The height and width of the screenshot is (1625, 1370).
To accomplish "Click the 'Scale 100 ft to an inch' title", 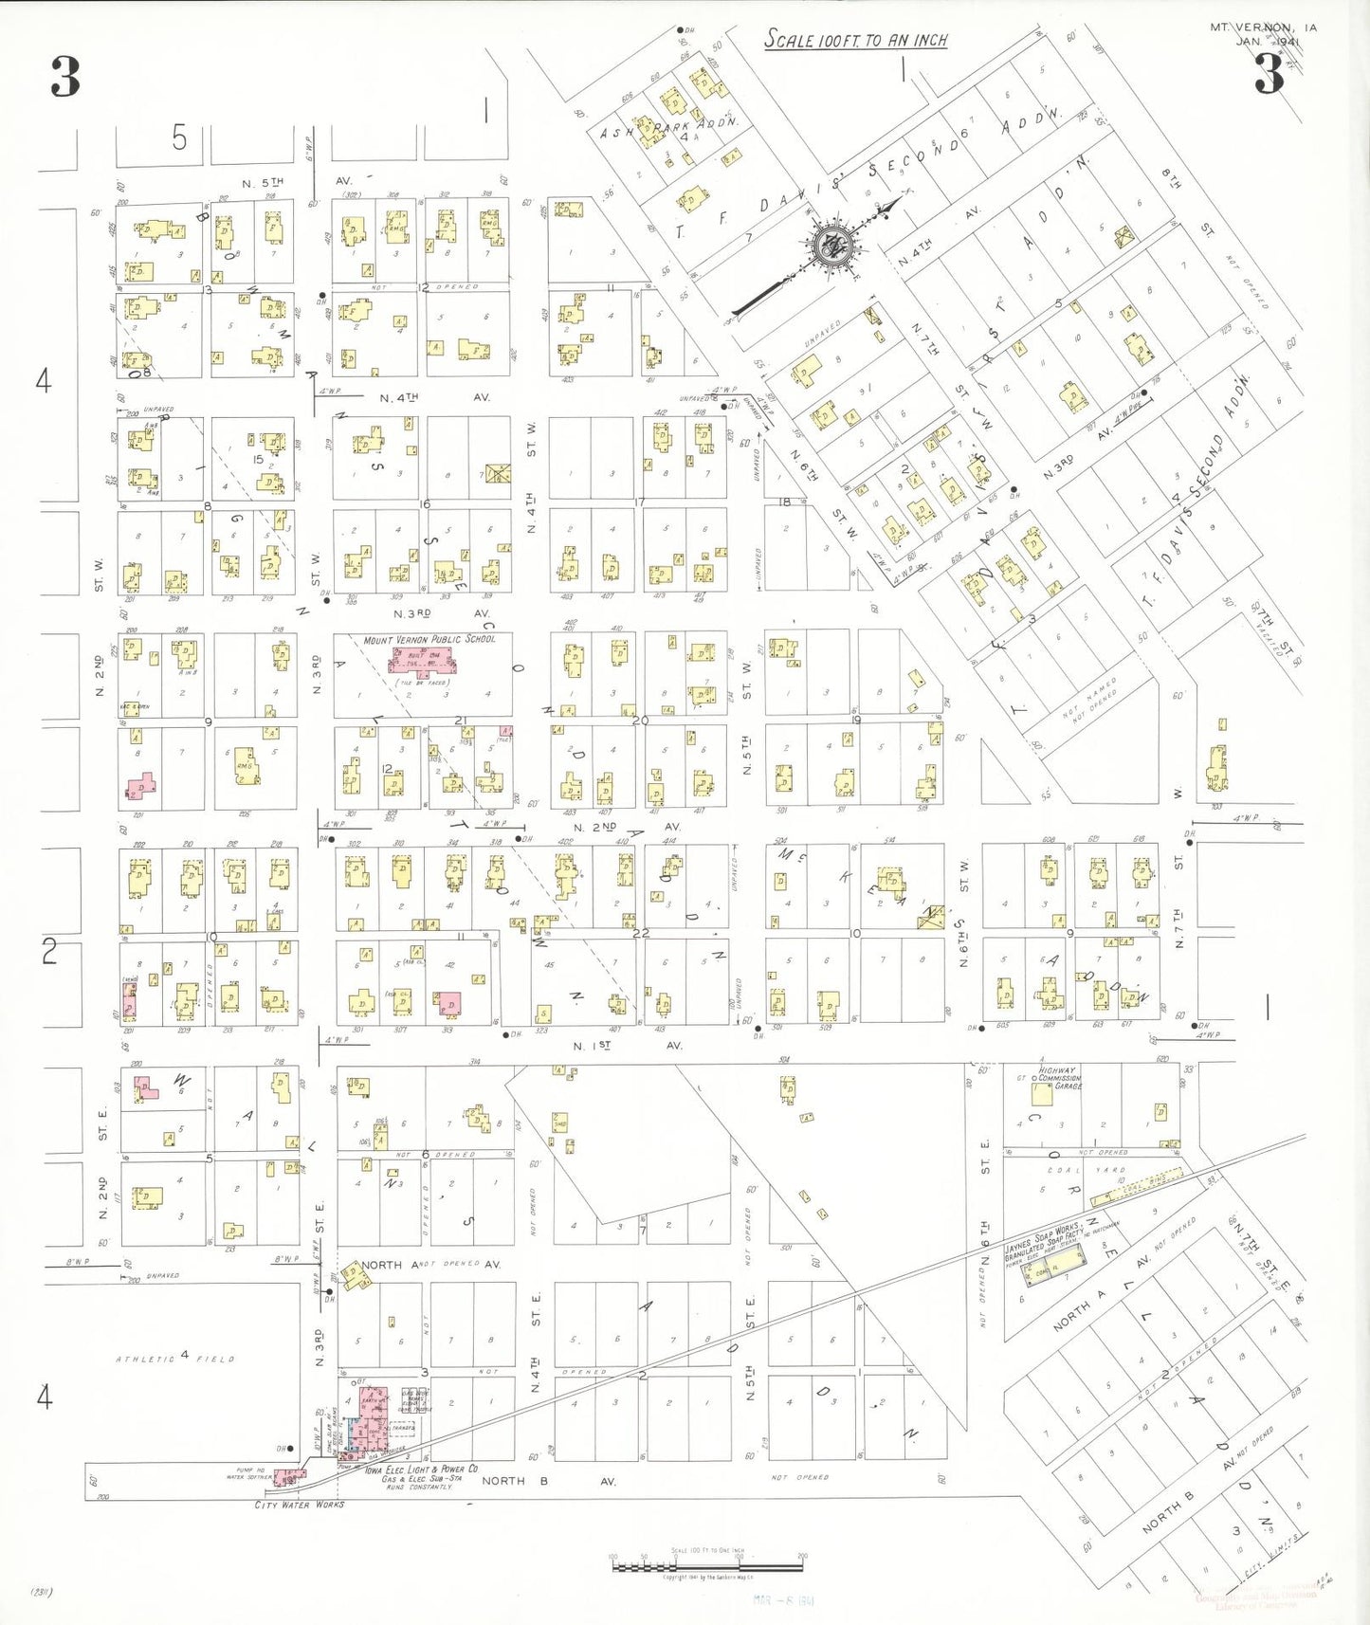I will tap(856, 40).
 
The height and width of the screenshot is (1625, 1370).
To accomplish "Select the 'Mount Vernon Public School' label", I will tap(429, 640).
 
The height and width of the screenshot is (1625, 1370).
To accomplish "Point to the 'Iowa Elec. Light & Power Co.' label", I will tap(422, 1469).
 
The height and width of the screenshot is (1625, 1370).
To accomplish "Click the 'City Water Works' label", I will tap(300, 1505).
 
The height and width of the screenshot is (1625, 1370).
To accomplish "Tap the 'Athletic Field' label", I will tap(175, 1359).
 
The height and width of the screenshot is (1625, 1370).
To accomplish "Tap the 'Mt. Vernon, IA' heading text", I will tap(1263, 27).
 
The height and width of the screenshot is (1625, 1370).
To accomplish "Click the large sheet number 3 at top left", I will tap(65, 77).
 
